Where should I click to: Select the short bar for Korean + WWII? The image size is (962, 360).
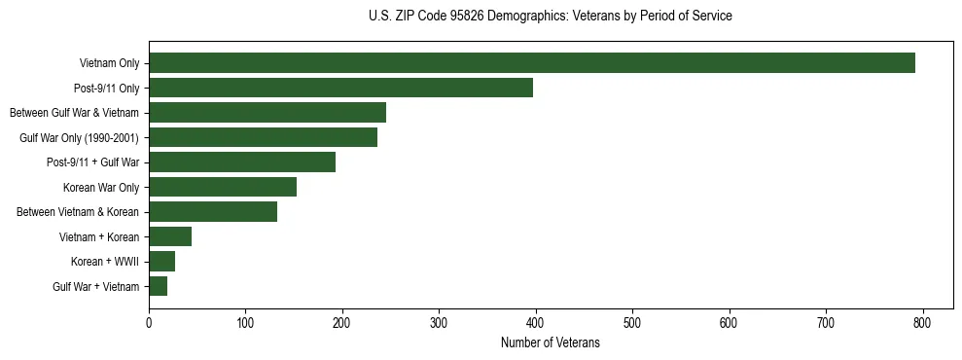point(161,262)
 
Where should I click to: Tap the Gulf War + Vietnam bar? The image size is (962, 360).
point(158,286)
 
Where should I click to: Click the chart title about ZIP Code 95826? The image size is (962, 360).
point(551,17)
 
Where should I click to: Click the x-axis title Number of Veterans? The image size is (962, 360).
point(551,343)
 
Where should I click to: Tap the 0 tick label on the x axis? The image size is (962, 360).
point(149,321)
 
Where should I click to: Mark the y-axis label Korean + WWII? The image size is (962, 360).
point(105,262)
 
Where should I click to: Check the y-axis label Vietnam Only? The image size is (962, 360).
point(109,64)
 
